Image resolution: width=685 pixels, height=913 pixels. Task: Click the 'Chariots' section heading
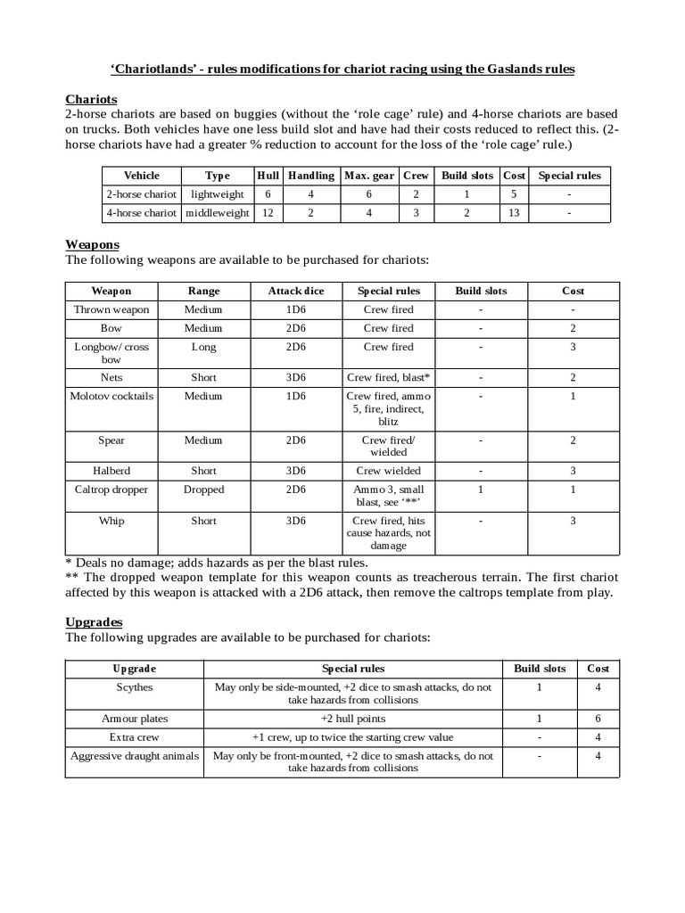click(x=92, y=99)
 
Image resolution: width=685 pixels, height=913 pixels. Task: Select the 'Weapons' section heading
click(x=93, y=244)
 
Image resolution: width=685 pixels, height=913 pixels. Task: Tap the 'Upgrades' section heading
click(x=94, y=621)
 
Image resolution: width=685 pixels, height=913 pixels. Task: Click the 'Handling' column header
click(x=310, y=176)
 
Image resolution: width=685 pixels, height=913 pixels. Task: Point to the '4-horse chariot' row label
click(x=142, y=213)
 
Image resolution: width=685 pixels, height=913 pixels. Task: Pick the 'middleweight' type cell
click(x=217, y=213)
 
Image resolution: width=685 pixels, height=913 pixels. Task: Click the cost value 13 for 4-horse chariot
click(x=514, y=213)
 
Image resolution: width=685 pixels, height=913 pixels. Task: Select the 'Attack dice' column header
click(x=297, y=291)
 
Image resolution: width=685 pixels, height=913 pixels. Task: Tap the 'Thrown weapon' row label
click(x=111, y=309)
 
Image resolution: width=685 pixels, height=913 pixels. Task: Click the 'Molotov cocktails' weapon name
click(x=111, y=396)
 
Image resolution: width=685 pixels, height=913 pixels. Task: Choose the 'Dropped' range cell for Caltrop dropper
click(x=203, y=489)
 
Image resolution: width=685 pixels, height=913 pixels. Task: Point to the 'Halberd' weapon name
click(x=111, y=470)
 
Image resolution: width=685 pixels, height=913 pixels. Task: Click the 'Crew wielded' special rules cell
click(x=388, y=470)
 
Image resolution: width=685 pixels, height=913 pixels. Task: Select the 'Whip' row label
click(x=111, y=521)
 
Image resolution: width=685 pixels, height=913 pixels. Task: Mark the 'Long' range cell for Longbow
click(x=203, y=347)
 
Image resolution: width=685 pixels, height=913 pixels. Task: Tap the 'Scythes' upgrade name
click(x=135, y=687)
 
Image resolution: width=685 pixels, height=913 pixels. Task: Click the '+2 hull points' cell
click(x=352, y=718)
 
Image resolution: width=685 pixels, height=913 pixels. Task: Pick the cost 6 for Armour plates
click(x=598, y=718)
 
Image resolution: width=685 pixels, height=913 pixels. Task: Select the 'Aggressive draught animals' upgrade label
click(x=135, y=756)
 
